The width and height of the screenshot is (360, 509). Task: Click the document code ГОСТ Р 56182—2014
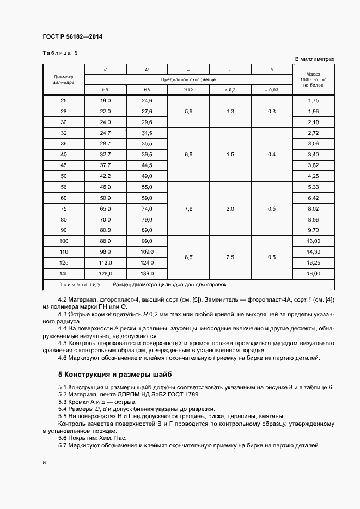[x=72, y=36]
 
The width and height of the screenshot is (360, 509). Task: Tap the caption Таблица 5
[x=60, y=53]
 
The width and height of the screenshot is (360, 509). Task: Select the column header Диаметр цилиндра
[x=63, y=79]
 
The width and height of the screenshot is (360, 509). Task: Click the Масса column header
[x=313, y=79]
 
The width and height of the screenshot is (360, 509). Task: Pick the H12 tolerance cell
[x=188, y=89]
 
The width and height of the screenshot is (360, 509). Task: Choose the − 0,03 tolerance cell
[x=271, y=89]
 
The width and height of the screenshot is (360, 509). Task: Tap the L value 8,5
[x=188, y=257]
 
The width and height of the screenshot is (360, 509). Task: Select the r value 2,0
[x=230, y=208]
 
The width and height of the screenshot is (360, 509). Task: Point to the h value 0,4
[x=271, y=155]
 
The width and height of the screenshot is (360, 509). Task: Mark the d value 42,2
[x=106, y=176]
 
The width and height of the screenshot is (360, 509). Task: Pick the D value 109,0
[x=147, y=252]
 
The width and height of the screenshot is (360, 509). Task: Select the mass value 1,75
[x=313, y=101]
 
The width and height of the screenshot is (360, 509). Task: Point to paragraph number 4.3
[x=63, y=314]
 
